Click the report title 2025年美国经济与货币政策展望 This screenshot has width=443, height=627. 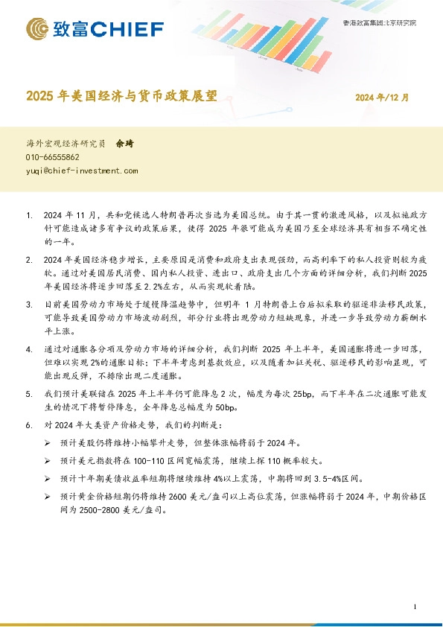click(123, 97)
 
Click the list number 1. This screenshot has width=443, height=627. click(29, 216)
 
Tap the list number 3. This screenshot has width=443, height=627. click(29, 305)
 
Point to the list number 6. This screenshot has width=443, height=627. click(29, 425)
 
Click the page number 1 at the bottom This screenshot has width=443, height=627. click(414, 607)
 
